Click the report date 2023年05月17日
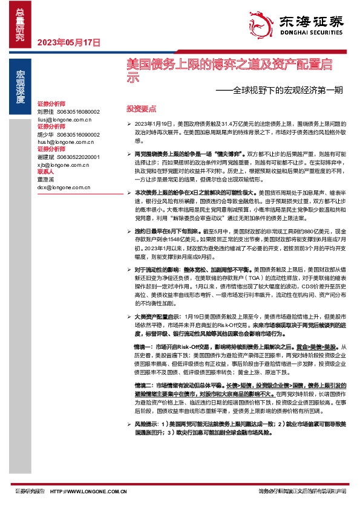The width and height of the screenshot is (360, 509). [68, 42]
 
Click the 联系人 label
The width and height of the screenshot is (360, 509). [46, 171]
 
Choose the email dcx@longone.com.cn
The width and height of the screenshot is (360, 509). [63, 187]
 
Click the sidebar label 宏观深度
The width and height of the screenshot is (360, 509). [20, 86]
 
